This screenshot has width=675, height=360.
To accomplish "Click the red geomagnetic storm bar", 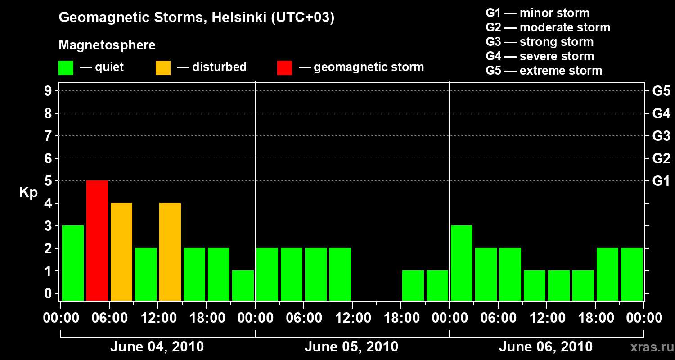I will coord(97,240).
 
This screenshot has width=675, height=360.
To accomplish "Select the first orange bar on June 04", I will coord(121,252).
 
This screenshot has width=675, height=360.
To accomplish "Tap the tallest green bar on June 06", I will coord(462,263).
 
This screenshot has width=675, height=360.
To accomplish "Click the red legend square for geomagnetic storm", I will coord(284,68).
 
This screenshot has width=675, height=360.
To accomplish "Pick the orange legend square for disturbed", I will coord(163,68).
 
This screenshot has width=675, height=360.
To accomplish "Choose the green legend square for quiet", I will coord(66,68).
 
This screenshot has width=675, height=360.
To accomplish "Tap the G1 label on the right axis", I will coord(661,181).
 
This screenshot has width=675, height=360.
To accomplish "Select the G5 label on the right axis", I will coord(661,91).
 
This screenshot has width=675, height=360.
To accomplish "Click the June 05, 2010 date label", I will coord(351,347).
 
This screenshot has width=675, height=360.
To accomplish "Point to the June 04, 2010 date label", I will coord(157,347).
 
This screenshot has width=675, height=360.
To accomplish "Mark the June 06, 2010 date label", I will coord(545,347).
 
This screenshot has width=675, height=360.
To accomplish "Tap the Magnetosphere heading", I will coord(107,45).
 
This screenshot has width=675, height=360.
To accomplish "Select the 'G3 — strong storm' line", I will coord(540,42).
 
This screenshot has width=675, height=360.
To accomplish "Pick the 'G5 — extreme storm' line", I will coord(544,71).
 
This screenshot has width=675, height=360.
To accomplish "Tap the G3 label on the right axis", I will coord(661,136).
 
